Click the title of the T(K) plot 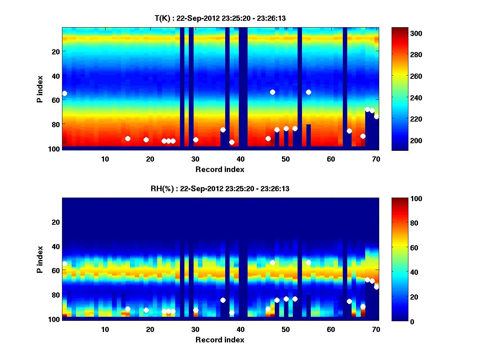pos(220,18)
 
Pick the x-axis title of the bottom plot pos(220,340)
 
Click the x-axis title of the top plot pos(220,170)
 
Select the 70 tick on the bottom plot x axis pos(376,329)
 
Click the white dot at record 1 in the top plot pos(64,93)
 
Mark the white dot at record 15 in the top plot pos(128,138)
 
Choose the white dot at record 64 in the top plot pos(349,131)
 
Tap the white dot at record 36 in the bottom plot pos(223,300)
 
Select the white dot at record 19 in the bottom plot pos(146,310)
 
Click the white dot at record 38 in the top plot pos(232,142)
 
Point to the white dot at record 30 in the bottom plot pos(196,310)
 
